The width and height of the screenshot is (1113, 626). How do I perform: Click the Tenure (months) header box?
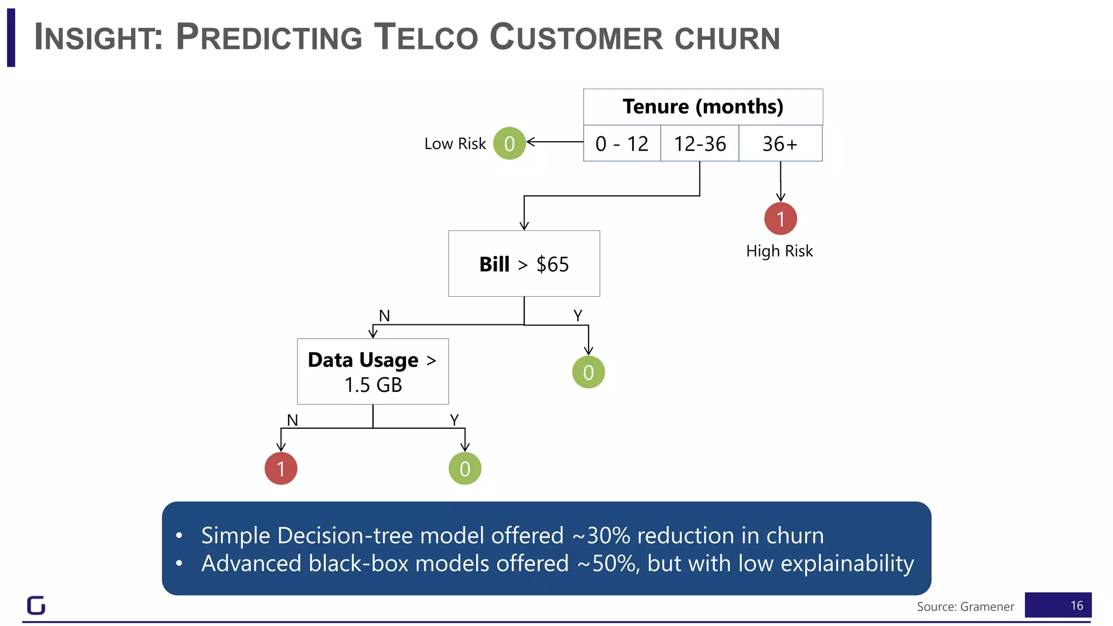click(703, 107)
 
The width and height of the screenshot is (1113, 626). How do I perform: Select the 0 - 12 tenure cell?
click(622, 143)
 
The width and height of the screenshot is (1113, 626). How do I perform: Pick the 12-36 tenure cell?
click(699, 143)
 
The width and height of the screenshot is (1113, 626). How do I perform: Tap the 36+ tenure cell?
click(780, 143)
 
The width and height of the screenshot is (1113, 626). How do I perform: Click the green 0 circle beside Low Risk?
click(509, 143)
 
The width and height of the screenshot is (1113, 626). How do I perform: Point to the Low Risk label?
click(455, 143)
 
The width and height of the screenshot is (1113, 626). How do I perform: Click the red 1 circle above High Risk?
click(780, 218)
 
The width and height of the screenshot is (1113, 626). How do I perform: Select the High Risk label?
click(779, 251)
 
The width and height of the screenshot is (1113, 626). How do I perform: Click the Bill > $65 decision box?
click(524, 264)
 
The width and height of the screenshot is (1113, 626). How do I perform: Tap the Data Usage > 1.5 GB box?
click(373, 372)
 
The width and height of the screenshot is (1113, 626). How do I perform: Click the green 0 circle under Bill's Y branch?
click(588, 372)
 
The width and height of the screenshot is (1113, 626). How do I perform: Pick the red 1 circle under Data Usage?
click(280, 468)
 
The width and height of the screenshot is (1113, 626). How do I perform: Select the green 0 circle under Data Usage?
click(465, 468)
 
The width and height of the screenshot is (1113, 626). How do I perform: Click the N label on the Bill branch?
click(384, 315)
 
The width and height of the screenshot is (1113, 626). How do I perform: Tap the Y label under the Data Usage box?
click(454, 420)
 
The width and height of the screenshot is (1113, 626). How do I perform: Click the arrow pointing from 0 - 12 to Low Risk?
click(554, 142)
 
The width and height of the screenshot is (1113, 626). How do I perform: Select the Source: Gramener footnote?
click(965, 606)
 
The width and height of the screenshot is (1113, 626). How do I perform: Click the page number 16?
click(1077, 605)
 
